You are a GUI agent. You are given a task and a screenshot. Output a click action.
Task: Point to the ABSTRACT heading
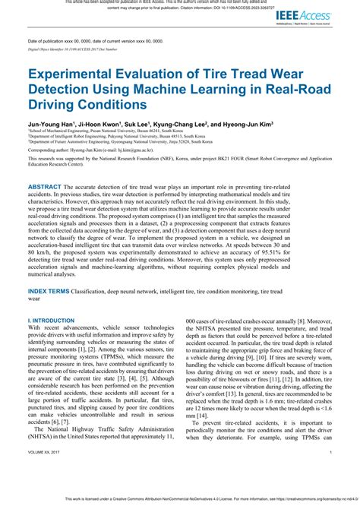pos(49,186)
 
